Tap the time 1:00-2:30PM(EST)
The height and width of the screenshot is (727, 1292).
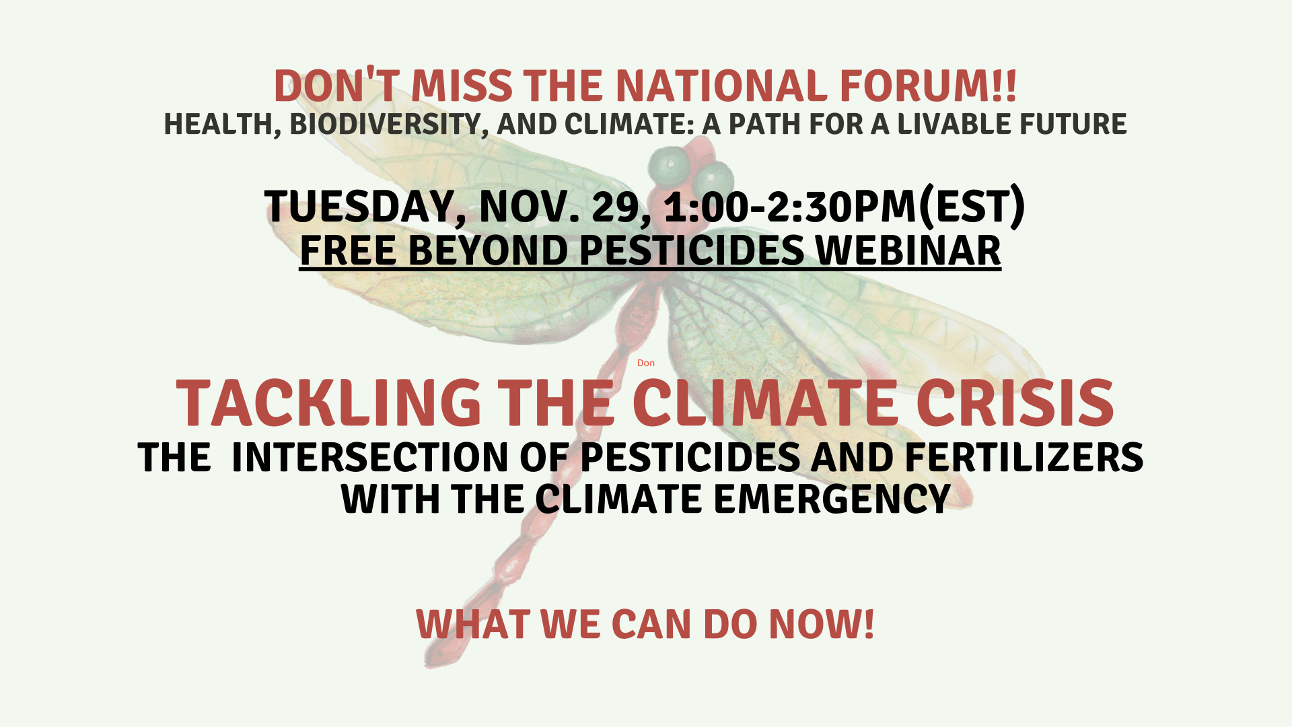pos(845,206)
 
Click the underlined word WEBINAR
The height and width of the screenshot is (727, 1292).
pos(908,250)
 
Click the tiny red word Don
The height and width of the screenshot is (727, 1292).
pos(646,363)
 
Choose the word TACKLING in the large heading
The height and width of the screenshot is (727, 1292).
pos(328,403)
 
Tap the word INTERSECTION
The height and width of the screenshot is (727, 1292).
pos(369,458)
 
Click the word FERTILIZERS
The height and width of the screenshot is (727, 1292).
pos(1024,458)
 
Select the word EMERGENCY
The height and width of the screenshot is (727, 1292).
pos(831,499)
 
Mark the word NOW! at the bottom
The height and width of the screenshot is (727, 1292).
pos(822,624)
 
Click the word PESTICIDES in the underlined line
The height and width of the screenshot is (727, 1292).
pos(692,250)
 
